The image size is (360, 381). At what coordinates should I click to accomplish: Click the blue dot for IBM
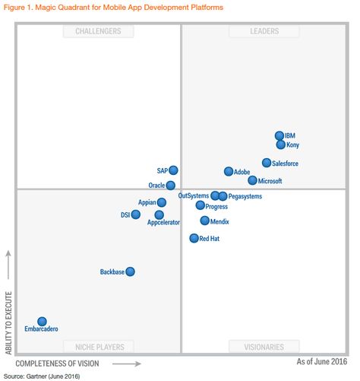(279, 135)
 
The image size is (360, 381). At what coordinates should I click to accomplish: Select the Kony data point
(281, 144)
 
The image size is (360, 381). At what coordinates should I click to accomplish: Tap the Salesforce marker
(267, 163)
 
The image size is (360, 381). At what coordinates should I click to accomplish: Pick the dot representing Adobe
(229, 172)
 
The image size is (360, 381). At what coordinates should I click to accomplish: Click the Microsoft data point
(252, 180)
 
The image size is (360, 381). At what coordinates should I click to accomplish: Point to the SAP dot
(173, 170)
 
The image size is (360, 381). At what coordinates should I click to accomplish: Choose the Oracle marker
(171, 186)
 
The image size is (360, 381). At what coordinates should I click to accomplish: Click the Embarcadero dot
(42, 322)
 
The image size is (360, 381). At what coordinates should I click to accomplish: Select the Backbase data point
(131, 271)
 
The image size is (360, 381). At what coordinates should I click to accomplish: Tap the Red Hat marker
(194, 238)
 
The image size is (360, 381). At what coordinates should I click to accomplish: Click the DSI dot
(136, 214)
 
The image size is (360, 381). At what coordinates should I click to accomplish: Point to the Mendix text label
(219, 222)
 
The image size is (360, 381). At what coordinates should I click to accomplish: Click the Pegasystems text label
(245, 196)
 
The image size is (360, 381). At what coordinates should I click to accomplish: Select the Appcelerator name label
(163, 223)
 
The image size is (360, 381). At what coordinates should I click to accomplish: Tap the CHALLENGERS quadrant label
(98, 31)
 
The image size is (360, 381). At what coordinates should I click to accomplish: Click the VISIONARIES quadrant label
(264, 347)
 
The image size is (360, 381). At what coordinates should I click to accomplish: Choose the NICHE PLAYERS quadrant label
(99, 347)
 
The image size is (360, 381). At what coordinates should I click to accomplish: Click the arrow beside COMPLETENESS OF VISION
(127, 364)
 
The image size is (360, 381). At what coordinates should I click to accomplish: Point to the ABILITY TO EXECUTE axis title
(8, 323)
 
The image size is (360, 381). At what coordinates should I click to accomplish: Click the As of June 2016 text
(322, 361)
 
